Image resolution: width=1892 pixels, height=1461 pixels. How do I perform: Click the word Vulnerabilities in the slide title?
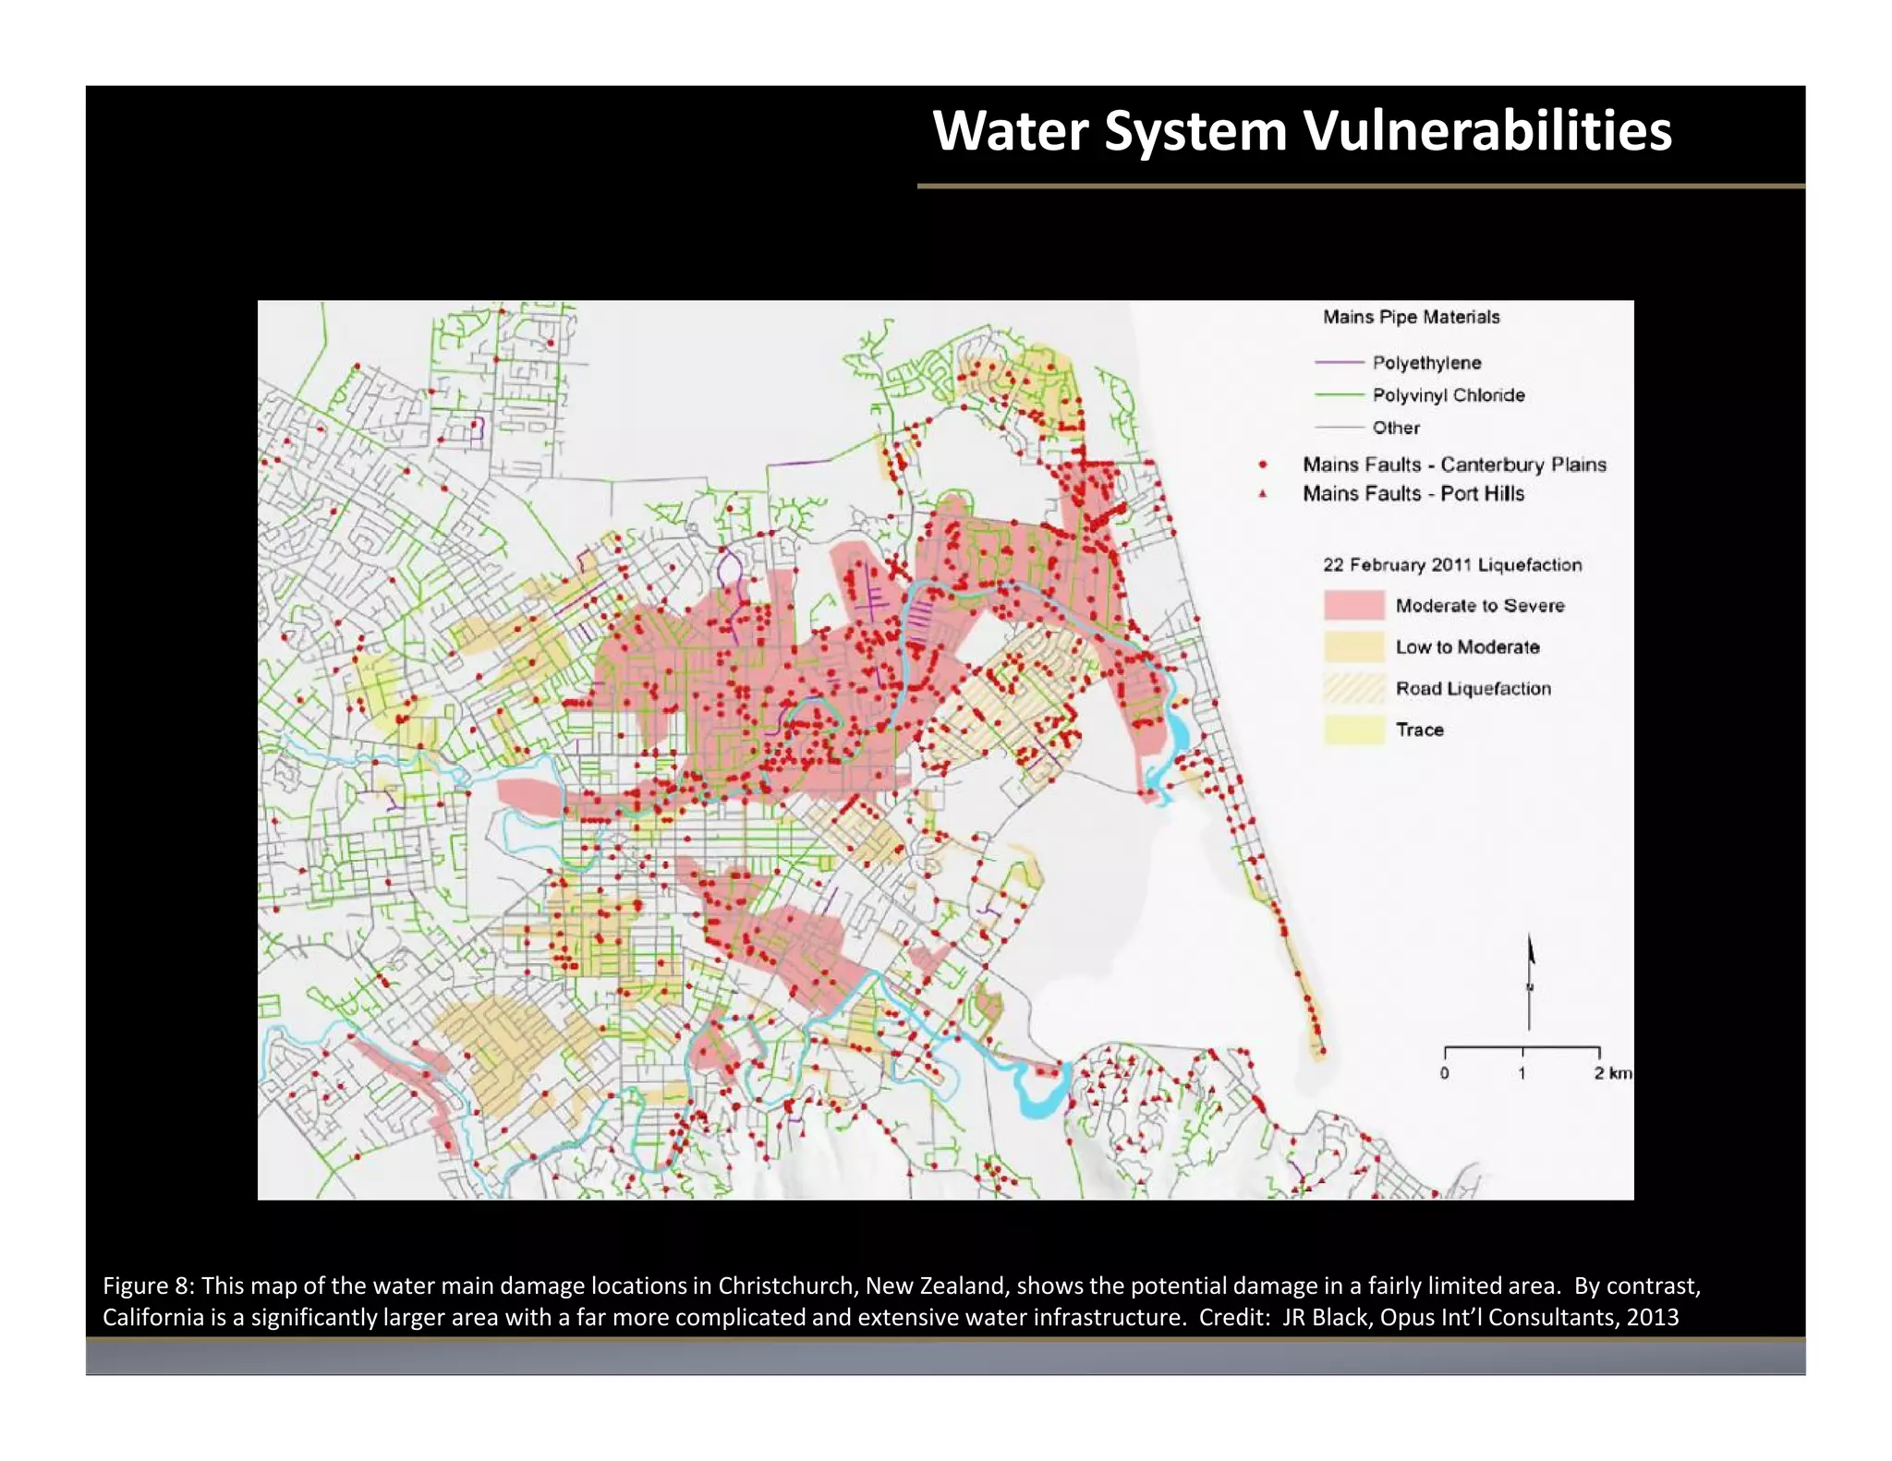pyautogui.click(x=1486, y=131)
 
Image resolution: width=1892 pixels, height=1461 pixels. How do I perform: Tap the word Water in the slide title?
pyautogui.click(x=1010, y=131)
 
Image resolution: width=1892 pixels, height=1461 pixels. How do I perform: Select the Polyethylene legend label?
pyautogui.click(x=1426, y=363)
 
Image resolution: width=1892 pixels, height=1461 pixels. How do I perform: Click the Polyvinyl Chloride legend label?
pyautogui.click(x=1448, y=395)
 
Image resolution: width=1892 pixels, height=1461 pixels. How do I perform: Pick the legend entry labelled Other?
pyautogui.click(x=1395, y=428)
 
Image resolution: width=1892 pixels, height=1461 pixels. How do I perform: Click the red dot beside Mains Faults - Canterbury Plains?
pyautogui.click(x=1263, y=465)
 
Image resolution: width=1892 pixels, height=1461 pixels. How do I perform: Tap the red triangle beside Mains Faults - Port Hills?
pyautogui.click(x=1263, y=494)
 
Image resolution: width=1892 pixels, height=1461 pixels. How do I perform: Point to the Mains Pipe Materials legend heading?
pyautogui.click(x=1411, y=317)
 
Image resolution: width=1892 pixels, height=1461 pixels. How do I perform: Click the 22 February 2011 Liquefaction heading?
pyautogui.click(x=1452, y=564)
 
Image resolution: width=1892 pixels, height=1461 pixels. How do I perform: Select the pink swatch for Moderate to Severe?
pyautogui.click(x=1353, y=606)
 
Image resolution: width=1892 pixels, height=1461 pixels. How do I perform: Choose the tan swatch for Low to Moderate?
pyautogui.click(x=1353, y=646)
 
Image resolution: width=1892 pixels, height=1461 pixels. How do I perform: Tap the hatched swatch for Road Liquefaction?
pyautogui.click(x=1353, y=688)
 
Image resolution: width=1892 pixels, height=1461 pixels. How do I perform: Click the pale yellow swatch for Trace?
pyautogui.click(x=1353, y=730)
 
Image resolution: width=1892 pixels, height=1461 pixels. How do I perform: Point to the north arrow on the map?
pyautogui.click(x=1530, y=979)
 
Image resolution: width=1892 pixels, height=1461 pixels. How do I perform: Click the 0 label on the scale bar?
pyautogui.click(x=1445, y=1073)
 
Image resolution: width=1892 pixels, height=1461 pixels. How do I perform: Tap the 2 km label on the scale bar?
pyautogui.click(x=1612, y=1073)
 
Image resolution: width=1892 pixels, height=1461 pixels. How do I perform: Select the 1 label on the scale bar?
pyautogui.click(x=1522, y=1073)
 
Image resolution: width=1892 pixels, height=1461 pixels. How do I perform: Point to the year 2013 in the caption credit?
pyautogui.click(x=1653, y=1317)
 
